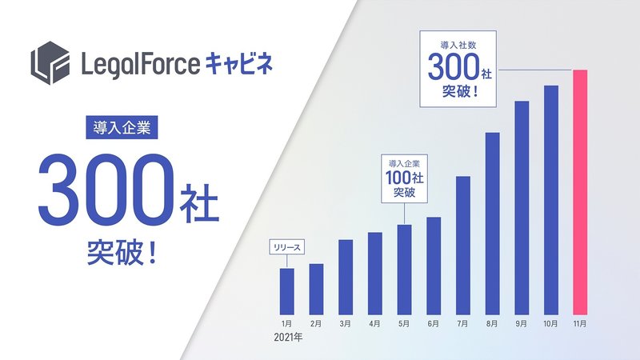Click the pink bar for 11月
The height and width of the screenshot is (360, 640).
(580, 192)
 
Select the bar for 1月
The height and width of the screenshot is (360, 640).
(287, 291)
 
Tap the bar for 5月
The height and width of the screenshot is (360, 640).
(404, 270)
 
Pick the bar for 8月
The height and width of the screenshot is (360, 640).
(492, 224)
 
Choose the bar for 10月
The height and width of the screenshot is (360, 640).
(551, 200)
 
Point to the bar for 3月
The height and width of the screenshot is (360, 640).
(346, 277)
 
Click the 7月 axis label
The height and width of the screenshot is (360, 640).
(463, 324)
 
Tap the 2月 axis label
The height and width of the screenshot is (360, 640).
(316, 324)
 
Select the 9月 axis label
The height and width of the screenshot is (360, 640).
(522, 324)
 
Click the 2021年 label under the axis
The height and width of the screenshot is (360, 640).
(288, 338)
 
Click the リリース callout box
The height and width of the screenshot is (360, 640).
(287, 247)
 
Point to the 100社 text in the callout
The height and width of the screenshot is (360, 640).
(405, 178)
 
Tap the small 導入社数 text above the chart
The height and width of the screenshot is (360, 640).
(458, 45)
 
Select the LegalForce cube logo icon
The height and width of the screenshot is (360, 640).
(50, 62)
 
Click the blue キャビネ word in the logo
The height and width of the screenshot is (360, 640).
(238, 64)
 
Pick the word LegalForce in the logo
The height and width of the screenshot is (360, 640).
(141, 65)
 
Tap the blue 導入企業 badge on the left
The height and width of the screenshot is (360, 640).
(122, 127)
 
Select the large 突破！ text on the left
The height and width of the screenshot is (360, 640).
(122, 253)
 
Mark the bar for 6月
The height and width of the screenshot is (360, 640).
(434, 266)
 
